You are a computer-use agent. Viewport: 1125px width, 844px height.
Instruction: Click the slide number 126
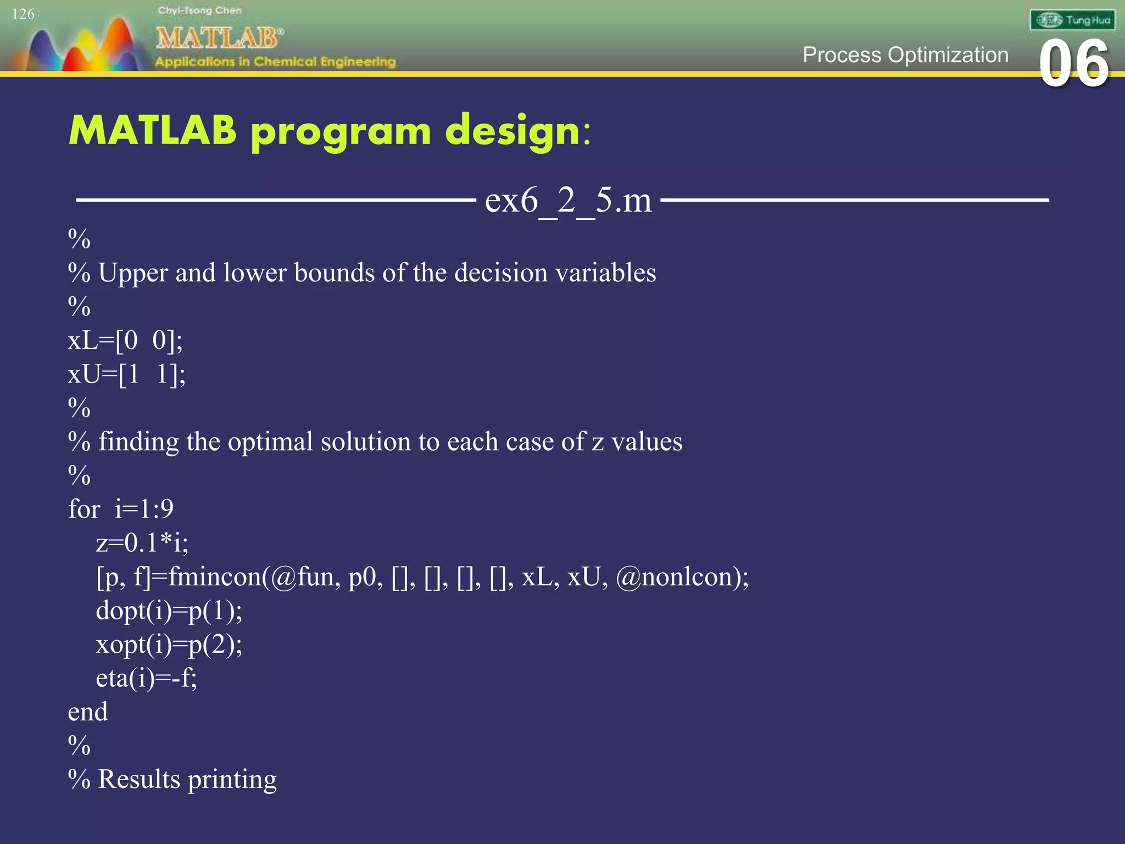click(23, 14)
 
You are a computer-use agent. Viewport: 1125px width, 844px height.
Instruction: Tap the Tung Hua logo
click(1072, 20)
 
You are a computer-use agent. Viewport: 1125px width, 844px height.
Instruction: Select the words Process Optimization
click(905, 55)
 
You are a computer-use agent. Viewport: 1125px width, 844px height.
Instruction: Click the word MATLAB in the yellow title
click(153, 131)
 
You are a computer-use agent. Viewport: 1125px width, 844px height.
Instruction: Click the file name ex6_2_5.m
click(568, 200)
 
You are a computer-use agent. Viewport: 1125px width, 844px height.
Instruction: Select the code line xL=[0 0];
click(125, 340)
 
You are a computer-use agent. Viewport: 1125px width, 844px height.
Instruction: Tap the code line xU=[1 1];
click(126, 374)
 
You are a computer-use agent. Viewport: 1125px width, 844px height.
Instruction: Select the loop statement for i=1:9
click(121, 509)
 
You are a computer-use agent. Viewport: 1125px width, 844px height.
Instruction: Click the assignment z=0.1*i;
click(142, 543)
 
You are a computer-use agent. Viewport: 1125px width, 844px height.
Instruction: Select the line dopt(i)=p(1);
click(169, 611)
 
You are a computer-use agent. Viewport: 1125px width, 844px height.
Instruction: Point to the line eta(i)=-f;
click(146, 678)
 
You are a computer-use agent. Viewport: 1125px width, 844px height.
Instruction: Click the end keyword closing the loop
click(88, 712)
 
